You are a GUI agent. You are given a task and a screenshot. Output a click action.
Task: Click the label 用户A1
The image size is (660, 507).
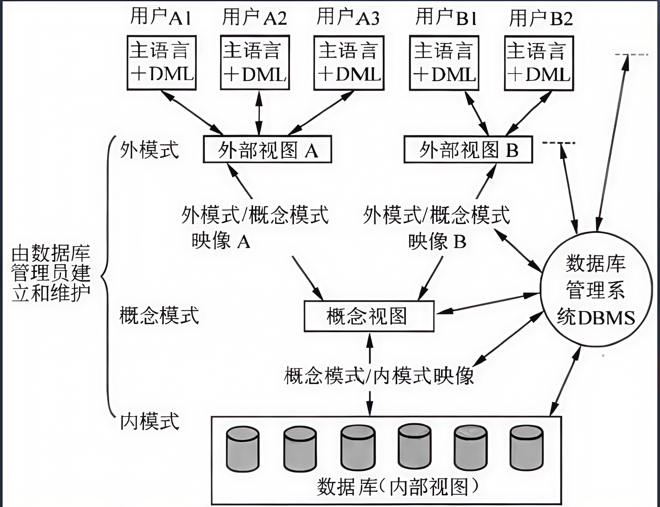click(x=160, y=17)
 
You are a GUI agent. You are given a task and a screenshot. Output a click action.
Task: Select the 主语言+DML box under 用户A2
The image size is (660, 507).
click(x=255, y=63)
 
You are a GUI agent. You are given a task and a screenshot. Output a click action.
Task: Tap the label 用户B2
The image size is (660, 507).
click(x=541, y=18)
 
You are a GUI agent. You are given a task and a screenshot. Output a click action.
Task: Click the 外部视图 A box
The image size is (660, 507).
click(x=267, y=149)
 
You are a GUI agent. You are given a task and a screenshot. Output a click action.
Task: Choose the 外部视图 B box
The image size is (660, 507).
click(x=468, y=149)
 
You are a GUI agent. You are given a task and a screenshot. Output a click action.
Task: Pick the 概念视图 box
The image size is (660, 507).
click(x=369, y=316)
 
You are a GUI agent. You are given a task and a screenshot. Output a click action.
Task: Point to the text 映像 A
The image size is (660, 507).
click(x=221, y=241)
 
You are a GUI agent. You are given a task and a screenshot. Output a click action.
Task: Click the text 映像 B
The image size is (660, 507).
click(x=437, y=241)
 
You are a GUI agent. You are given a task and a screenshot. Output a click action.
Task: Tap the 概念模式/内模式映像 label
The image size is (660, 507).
click(x=379, y=376)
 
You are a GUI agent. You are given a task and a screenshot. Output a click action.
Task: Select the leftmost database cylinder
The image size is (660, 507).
click(x=243, y=449)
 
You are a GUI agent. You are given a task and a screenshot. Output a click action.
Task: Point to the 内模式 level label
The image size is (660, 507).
click(x=149, y=421)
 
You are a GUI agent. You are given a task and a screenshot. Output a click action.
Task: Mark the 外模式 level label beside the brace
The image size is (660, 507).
click(x=149, y=150)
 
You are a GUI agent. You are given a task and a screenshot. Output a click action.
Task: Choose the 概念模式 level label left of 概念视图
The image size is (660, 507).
click(x=159, y=315)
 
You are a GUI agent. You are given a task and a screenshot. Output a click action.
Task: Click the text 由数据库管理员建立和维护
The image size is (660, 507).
click(x=51, y=274)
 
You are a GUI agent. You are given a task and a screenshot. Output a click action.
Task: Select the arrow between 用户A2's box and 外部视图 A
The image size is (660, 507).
click(x=259, y=112)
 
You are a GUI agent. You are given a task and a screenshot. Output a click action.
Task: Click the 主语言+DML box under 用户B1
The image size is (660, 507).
click(x=444, y=63)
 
